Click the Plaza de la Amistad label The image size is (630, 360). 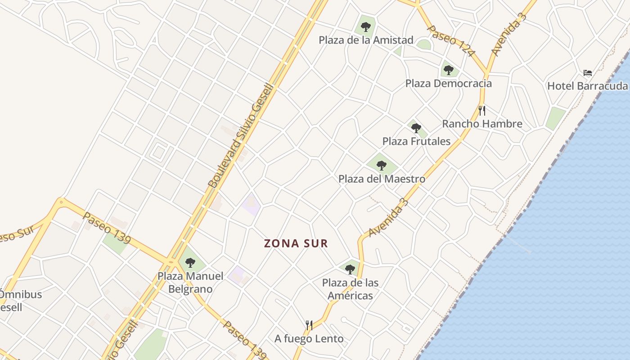pos(366,40)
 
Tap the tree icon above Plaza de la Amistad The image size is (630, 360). pos(366,27)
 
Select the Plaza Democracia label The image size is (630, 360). pos(448,83)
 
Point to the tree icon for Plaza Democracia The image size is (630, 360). pos(448,70)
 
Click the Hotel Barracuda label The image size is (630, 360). pos(587,85)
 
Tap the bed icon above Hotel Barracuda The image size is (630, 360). pos(587,72)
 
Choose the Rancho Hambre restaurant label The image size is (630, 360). pos(482,124)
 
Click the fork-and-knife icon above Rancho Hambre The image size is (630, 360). pos(482,110)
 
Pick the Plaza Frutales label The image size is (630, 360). pos(416,141)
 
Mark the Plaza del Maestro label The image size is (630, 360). pos(382,179)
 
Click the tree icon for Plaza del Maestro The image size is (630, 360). pos(382,166)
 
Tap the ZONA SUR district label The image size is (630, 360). pos(296,243)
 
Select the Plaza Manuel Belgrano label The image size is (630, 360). pos(190,282)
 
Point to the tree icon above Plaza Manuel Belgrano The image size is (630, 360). pos(190,263)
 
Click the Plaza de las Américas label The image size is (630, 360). pos(350,289)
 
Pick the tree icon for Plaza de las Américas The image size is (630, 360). pos(350,270)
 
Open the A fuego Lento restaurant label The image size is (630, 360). pos(309,338)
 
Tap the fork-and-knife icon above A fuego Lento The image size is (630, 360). pos(309,325)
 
